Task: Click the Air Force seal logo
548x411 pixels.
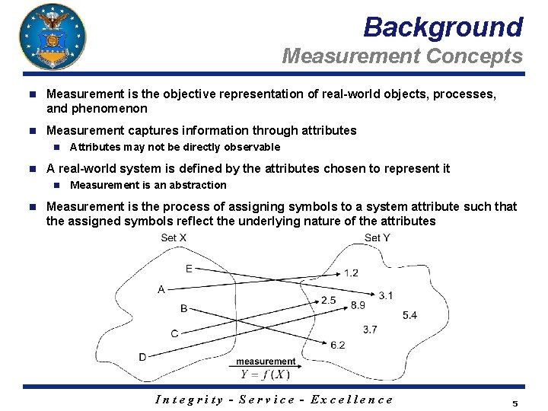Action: tap(52, 37)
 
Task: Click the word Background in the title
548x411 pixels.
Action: tap(443, 27)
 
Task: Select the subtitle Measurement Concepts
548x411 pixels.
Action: tap(402, 56)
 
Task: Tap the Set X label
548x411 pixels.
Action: tap(174, 238)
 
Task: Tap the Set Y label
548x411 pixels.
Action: tap(378, 238)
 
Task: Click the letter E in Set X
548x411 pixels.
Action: tap(189, 268)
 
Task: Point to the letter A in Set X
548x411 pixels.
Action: tap(161, 289)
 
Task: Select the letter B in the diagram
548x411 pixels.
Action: tap(183, 308)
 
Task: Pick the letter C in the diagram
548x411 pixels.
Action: tap(174, 333)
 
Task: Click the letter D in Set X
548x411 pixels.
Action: tap(142, 357)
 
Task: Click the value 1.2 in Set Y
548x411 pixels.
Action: tap(351, 273)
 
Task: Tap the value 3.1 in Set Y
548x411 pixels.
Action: tap(386, 295)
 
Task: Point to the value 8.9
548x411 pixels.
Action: tap(358, 305)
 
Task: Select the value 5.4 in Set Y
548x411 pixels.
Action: tap(409, 315)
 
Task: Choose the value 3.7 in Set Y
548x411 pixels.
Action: tap(371, 330)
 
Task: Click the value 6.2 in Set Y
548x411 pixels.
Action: tap(338, 345)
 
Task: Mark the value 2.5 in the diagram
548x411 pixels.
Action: tap(328, 301)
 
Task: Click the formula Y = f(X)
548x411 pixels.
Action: tap(265, 374)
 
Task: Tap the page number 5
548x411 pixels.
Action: tap(515, 403)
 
